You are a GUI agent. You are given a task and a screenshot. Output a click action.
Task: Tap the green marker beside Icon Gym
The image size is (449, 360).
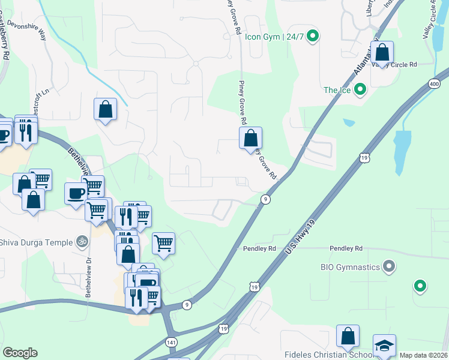click(x=312, y=37)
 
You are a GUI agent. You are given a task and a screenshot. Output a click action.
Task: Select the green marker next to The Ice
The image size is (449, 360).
click(x=360, y=90)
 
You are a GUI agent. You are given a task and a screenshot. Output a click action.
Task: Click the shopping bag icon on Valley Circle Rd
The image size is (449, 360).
click(x=382, y=53)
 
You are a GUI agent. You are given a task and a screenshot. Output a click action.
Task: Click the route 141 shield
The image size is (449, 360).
click(x=172, y=341)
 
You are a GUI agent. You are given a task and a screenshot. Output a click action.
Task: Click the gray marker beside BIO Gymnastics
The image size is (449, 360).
click(x=389, y=266)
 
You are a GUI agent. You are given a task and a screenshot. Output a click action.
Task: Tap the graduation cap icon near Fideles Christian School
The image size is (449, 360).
click(x=384, y=346)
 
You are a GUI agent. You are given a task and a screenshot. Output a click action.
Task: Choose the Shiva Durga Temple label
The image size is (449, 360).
click(x=35, y=242)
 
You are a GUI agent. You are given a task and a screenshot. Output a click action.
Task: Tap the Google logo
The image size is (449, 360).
click(x=20, y=352)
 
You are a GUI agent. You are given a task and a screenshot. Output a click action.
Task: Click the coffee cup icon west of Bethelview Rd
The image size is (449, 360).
click(x=76, y=194)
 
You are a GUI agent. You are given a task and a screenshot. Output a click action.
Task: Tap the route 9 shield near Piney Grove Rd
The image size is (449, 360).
click(x=265, y=199)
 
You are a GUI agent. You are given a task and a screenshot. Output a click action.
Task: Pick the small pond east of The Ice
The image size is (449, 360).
click(x=349, y=122)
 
